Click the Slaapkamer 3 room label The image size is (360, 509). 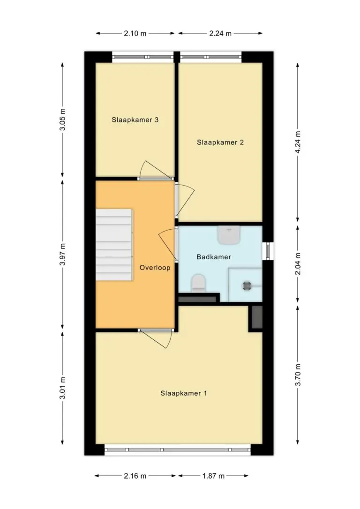pyautogui.click(x=135, y=120)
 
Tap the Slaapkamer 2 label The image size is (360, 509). pyautogui.click(x=220, y=142)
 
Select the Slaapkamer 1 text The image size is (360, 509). pyautogui.click(x=184, y=393)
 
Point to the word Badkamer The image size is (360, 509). pyautogui.click(x=214, y=257)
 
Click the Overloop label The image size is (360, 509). pyautogui.click(x=155, y=268)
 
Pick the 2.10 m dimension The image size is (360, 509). pyautogui.click(x=135, y=33)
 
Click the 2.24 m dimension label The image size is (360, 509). pyautogui.click(x=220, y=33)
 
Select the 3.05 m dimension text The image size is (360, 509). pyautogui.click(x=62, y=120)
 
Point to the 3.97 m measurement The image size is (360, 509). pyautogui.click(x=62, y=254)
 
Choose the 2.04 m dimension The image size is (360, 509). pyautogui.click(x=298, y=263)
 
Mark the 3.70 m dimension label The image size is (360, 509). pyautogui.click(x=298, y=374)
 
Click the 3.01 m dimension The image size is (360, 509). pyautogui.click(x=62, y=388)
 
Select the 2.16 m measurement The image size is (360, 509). pyautogui.click(x=135, y=476)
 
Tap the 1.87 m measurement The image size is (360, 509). pyautogui.click(x=214, y=476)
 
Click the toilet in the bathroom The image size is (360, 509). pyautogui.click(x=198, y=284)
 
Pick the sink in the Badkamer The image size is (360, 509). pyautogui.click(x=229, y=235)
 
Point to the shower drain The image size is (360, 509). pyautogui.click(x=247, y=285)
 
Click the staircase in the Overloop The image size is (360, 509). pyautogui.click(x=114, y=245)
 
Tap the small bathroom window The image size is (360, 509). pyautogui.click(x=268, y=251)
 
